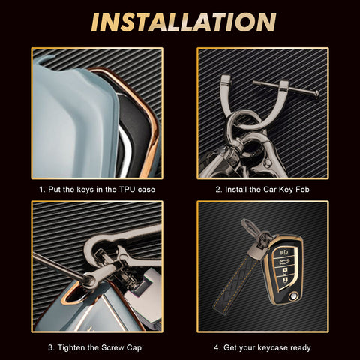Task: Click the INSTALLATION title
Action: (184, 22)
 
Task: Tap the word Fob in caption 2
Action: (302, 190)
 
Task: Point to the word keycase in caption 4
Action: (271, 348)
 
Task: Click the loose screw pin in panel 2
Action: (286, 89)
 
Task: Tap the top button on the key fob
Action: (285, 253)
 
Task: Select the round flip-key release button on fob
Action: (292, 297)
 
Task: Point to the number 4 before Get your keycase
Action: (216, 347)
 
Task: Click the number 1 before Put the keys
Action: (41, 190)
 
